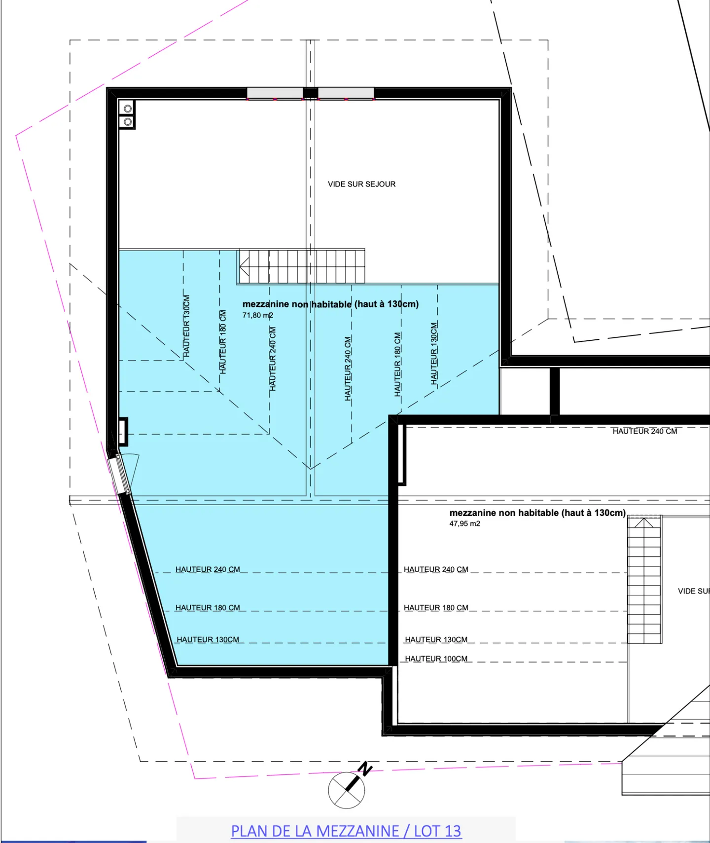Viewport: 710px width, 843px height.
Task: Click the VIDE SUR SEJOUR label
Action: pos(361,184)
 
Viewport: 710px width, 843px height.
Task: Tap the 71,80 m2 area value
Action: pos(257,315)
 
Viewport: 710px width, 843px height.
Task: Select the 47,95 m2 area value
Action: pos(464,524)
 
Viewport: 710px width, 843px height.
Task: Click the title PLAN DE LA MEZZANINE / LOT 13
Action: pos(346,831)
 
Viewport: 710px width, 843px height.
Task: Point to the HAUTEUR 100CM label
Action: pos(436,659)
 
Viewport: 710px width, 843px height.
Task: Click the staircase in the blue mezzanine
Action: pos(301,266)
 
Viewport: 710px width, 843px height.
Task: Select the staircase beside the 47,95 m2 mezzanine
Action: pos(644,580)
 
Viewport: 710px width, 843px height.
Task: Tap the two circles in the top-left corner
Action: pos(128,115)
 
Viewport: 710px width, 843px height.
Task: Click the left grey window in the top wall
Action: pos(275,93)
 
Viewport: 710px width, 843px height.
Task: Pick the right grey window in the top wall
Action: pos(346,93)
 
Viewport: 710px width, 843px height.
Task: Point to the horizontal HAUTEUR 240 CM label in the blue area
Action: pos(208,569)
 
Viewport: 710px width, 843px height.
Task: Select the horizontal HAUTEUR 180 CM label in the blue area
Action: pos(208,608)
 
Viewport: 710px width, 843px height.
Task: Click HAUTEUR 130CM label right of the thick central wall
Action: pos(436,640)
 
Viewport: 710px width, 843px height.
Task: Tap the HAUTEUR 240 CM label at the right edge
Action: pos(644,431)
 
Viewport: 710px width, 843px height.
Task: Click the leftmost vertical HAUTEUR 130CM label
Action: pos(186,326)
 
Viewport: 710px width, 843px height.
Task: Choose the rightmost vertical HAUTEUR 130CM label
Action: pos(434,353)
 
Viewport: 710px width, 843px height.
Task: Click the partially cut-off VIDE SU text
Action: pos(693,591)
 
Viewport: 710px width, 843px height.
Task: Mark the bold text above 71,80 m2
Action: pos(330,304)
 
